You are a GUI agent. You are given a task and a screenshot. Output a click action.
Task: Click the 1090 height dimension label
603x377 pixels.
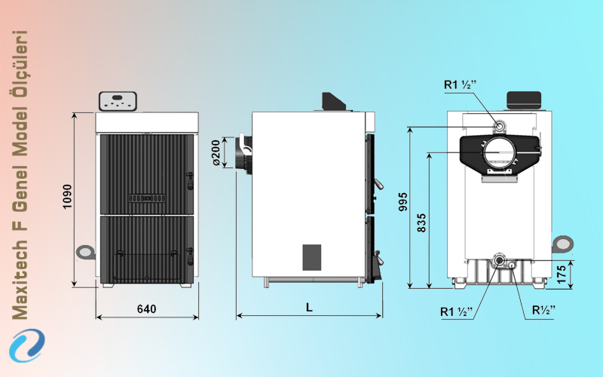click(67, 197)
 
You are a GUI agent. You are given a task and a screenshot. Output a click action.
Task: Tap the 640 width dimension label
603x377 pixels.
click(146, 309)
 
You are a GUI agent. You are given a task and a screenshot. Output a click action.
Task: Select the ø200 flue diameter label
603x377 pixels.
click(216, 153)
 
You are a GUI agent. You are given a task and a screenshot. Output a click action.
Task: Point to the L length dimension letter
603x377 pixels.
click(309, 307)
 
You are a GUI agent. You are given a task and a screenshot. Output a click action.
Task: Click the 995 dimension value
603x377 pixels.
click(403, 201)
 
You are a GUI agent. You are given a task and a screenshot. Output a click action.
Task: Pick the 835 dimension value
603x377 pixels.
click(422, 222)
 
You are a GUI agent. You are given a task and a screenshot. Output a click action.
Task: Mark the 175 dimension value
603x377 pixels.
click(562, 274)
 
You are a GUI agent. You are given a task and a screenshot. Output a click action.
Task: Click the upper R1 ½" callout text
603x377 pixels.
click(461, 84)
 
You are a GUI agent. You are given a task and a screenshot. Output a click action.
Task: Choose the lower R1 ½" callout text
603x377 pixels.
click(457, 311)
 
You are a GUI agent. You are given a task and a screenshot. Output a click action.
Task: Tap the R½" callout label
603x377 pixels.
click(543, 310)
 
